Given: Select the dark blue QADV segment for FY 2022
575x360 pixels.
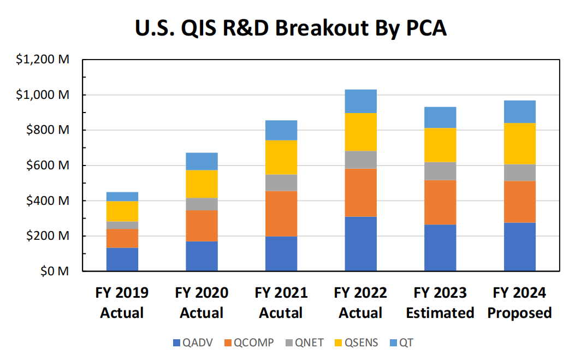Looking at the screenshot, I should (360, 244).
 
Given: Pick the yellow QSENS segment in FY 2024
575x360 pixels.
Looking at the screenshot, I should (520, 144).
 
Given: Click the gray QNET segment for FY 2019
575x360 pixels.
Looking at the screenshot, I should (122, 225).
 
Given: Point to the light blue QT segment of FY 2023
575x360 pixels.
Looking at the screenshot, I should (440, 117).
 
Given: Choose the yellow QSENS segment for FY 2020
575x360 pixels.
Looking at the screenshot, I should (201, 184).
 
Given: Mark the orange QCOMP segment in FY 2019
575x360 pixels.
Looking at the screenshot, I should (122, 238).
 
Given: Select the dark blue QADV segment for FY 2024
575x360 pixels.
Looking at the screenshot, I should (520, 247).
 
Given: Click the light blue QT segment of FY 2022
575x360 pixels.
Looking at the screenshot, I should (360, 101).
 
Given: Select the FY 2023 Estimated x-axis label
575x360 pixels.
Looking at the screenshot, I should (440, 303).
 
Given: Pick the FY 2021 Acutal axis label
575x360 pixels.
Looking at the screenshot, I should (281, 303).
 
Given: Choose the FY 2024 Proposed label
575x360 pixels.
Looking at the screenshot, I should (520, 303).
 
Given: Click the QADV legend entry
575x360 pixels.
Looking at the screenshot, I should (192, 343).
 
